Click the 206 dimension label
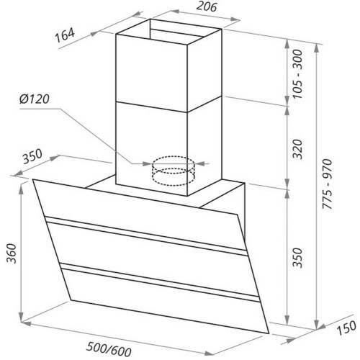pyautogui.click(x=207, y=6)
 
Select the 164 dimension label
pyautogui.click(x=65, y=35)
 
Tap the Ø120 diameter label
pyautogui.click(x=35, y=99)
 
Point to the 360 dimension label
pyautogui.click(x=12, y=253)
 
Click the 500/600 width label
pyautogui.click(x=109, y=350)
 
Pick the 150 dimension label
pyautogui.click(x=346, y=328)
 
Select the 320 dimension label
pyautogui.click(x=297, y=149)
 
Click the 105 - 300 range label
pyautogui.click(x=297, y=74)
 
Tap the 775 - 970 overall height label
pyautogui.click(x=328, y=184)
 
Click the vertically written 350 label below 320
pyautogui.click(x=297, y=258)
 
